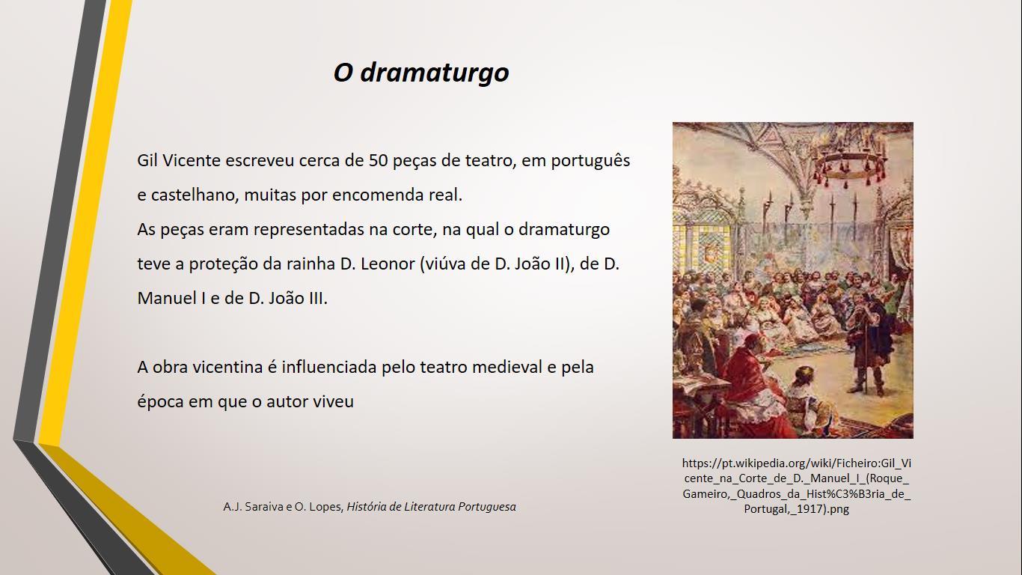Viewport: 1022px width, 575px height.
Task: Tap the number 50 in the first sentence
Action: coord(379,160)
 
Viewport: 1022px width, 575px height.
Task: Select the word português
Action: coord(590,161)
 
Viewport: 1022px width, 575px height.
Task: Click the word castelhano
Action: coord(195,195)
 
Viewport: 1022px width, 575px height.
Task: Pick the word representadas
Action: coord(309,230)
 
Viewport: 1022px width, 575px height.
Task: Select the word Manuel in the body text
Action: coord(167,298)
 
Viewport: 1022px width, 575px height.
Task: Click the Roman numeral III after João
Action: coord(319,298)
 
